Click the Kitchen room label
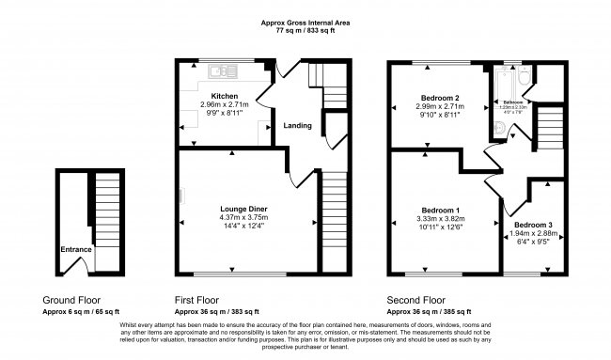pos(224,97)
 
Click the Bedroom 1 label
pos(440,210)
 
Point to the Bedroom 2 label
pos(439,98)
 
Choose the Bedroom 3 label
pos(533,225)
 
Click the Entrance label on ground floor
pos(76,249)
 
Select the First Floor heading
pos(198,301)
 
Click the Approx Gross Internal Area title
pos(306,22)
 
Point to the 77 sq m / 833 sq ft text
pos(306,30)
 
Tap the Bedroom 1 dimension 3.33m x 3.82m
pos(440,219)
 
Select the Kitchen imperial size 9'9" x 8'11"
pos(224,114)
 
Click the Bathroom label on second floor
pos(512,102)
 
